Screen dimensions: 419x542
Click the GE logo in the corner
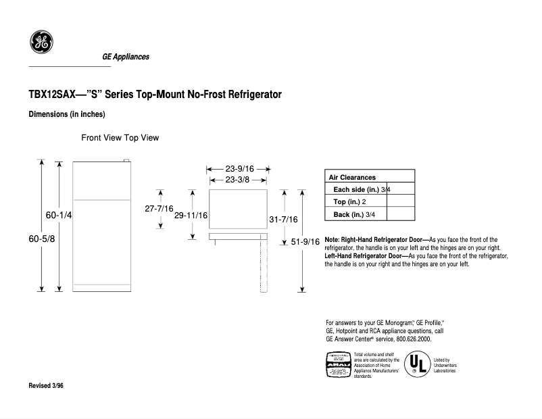41,42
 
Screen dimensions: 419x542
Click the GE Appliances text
125,57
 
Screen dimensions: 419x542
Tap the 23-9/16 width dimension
239,169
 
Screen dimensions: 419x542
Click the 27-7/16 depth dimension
159,209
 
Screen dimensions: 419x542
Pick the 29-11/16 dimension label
191,216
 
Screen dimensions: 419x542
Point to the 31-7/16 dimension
283,220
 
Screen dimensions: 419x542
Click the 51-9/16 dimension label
305,242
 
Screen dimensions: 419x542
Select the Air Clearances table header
351,177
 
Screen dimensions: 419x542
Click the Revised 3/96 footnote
47,385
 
